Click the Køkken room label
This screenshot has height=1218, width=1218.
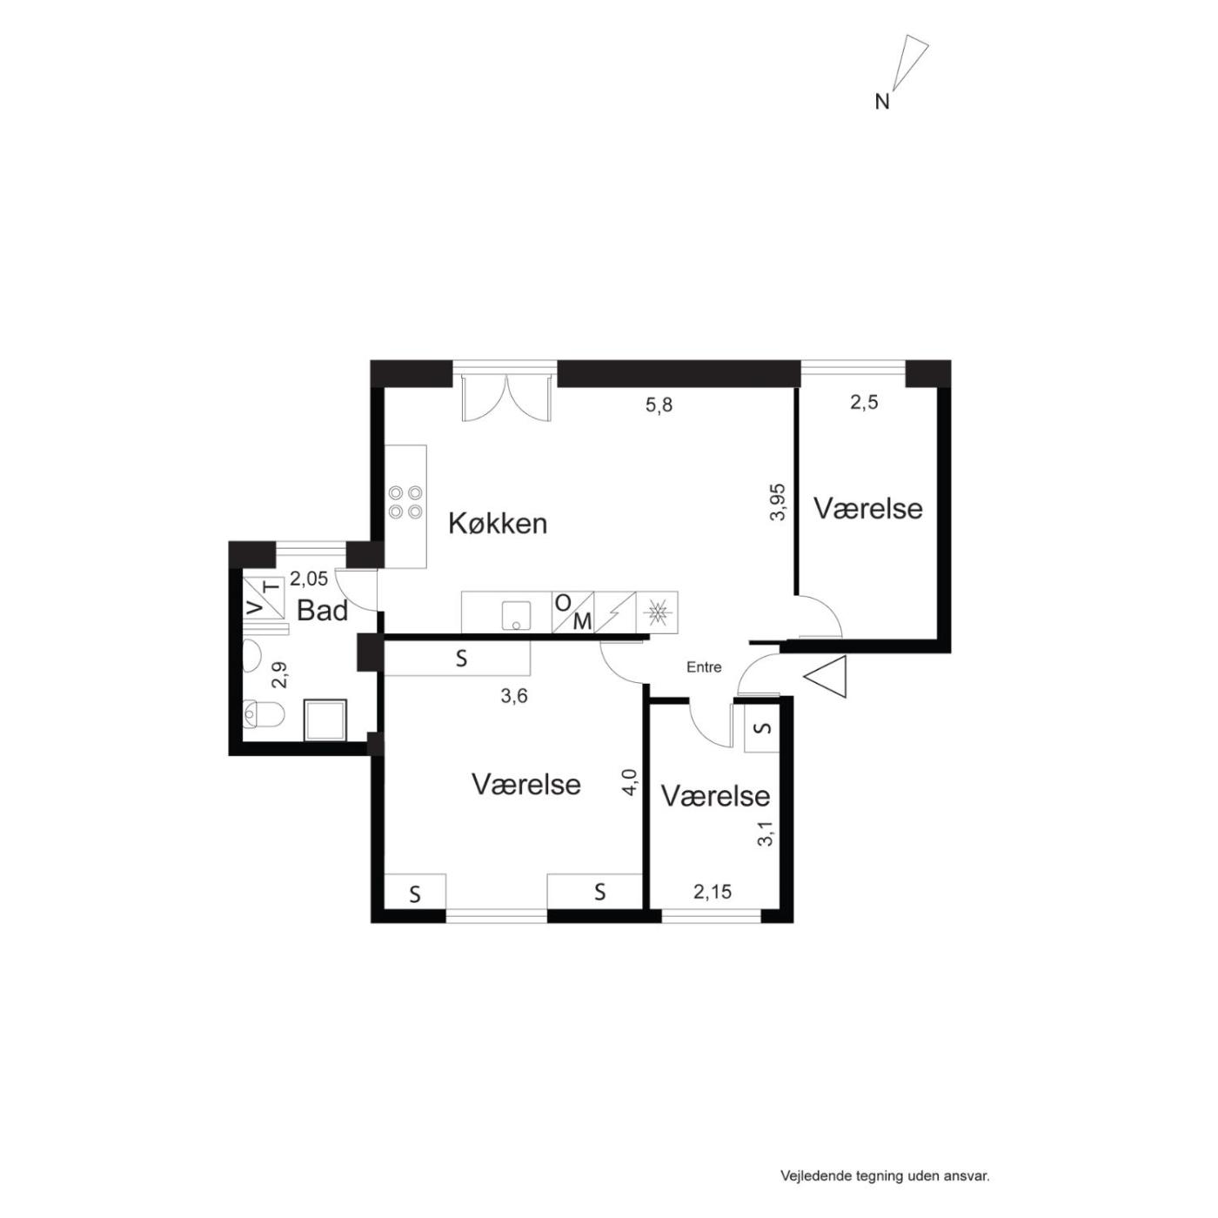[x=498, y=524]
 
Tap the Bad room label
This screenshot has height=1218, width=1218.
[x=323, y=612]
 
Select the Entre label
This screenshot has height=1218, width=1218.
[x=704, y=666]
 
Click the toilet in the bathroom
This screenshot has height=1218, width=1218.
[x=264, y=715]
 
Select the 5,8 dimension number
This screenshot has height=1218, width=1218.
[x=659, y=405]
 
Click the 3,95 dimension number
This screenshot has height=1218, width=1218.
[x=778, y=501]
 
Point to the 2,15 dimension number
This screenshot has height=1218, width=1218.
[x=713, y=892]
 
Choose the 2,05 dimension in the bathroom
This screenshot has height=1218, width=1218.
[x=309, y=578]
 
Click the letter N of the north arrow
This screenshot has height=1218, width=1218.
[x=881, y=102]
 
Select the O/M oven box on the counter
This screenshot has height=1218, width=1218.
[x=573, y=612]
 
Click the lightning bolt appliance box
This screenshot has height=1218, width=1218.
[x=615, y=612]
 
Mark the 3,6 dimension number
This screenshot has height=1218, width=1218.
[x=514, y=697]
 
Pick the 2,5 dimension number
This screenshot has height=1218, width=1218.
[x=864, y=403]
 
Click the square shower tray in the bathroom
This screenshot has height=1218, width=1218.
[x=325, y=720]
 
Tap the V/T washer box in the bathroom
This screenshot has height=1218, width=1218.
[x=263, y=598]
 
